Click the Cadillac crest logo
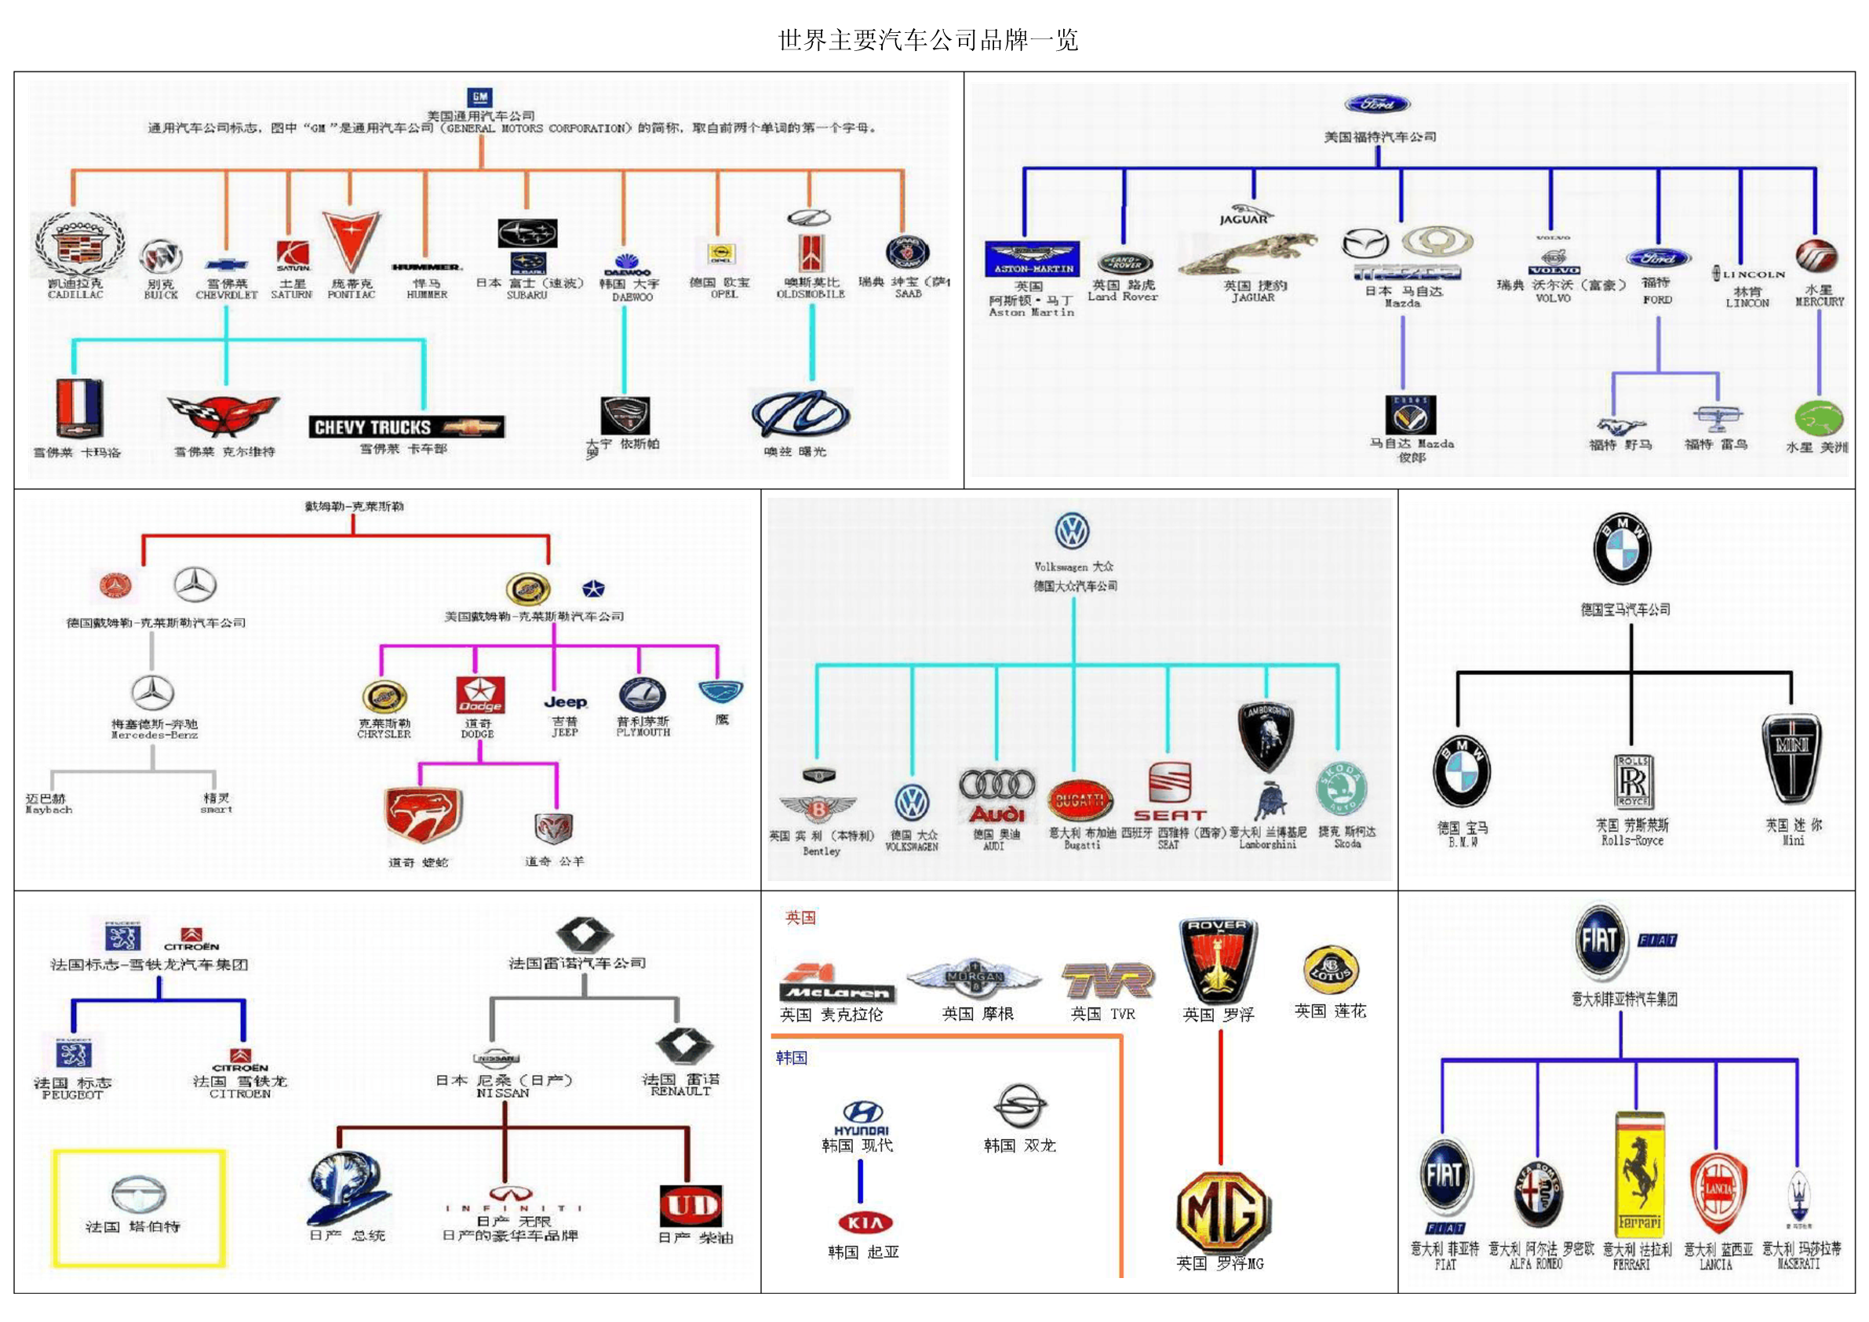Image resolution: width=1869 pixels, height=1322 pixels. pos(78,243)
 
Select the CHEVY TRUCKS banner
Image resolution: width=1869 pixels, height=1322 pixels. pos(406,427)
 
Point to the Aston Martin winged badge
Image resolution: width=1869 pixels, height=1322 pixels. pos(1031,258)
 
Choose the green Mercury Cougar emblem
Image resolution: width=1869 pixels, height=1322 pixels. pos(1819,418)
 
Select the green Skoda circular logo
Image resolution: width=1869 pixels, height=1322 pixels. pos(1342,788)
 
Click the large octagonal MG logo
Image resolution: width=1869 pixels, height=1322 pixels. pos(1222,1212)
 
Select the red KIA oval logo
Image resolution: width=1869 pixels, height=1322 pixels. pos(865,1222)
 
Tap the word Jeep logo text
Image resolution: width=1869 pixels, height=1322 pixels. pos(565,701)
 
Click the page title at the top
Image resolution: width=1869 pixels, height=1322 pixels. pos(928,40)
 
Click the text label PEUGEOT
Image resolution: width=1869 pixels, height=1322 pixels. pos(72,1095)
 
